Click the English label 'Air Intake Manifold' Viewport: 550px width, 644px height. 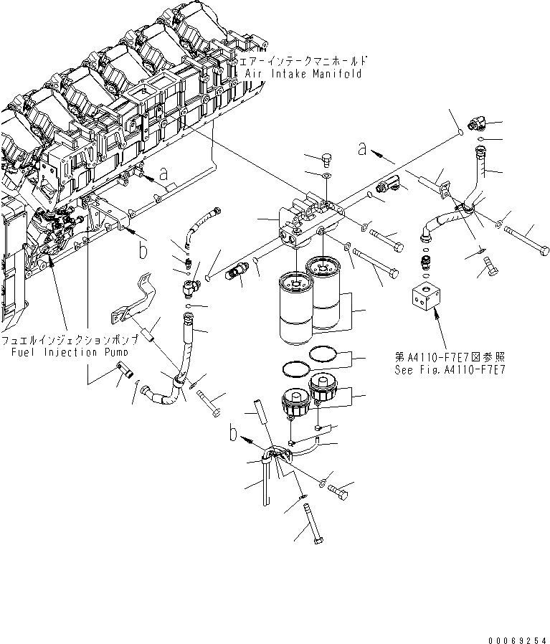(303, 73)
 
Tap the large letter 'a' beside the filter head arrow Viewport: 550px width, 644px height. (364, 149)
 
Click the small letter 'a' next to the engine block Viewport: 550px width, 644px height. (163, 173)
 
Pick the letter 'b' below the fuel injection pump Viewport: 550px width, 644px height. (143, 249)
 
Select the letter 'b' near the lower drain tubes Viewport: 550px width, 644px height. (233, 432)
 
